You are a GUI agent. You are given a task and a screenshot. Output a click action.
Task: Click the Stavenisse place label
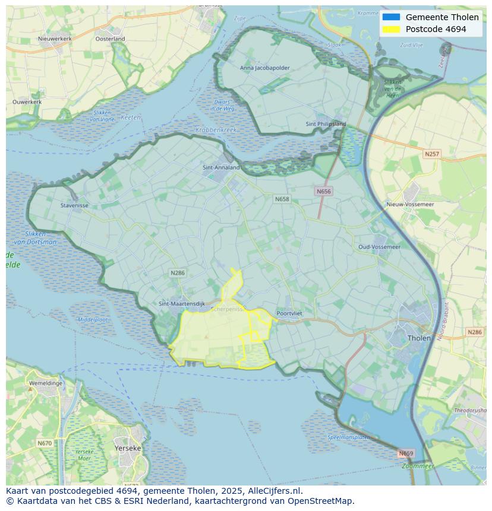pos(74,206)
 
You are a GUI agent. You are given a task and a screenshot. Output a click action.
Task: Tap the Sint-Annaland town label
pos(221,167)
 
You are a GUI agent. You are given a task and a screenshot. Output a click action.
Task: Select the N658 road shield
pos(282,199)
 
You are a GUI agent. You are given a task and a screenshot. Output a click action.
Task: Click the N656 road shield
pos(323,191)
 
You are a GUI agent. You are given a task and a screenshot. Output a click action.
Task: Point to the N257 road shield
pos(432,154)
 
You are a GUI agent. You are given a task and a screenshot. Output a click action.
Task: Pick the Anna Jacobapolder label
pos(265,68)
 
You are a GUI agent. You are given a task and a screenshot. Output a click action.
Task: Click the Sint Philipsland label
pos(326,124)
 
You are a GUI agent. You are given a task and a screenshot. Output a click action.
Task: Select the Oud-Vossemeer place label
pos(379,246)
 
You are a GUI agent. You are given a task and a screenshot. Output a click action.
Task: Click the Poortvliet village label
pos(289,313)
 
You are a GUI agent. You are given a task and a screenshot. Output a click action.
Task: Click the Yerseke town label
pos(127,448)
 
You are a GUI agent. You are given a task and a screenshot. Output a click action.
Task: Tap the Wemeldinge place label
pos(46,383)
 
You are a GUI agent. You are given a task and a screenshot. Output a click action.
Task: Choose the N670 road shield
pos(45,443)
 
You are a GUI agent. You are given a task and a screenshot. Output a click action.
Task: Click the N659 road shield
pos(405,453)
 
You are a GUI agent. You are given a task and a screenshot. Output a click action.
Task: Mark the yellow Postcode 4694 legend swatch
pos(391,29)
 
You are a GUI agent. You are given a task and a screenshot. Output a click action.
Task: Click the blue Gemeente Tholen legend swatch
pos(391,17)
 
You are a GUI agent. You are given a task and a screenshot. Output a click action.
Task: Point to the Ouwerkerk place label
pos(27,101)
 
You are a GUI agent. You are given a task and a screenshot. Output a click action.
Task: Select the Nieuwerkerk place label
pos(55,39)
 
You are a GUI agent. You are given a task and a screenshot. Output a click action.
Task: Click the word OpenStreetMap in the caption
pos(321,500)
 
